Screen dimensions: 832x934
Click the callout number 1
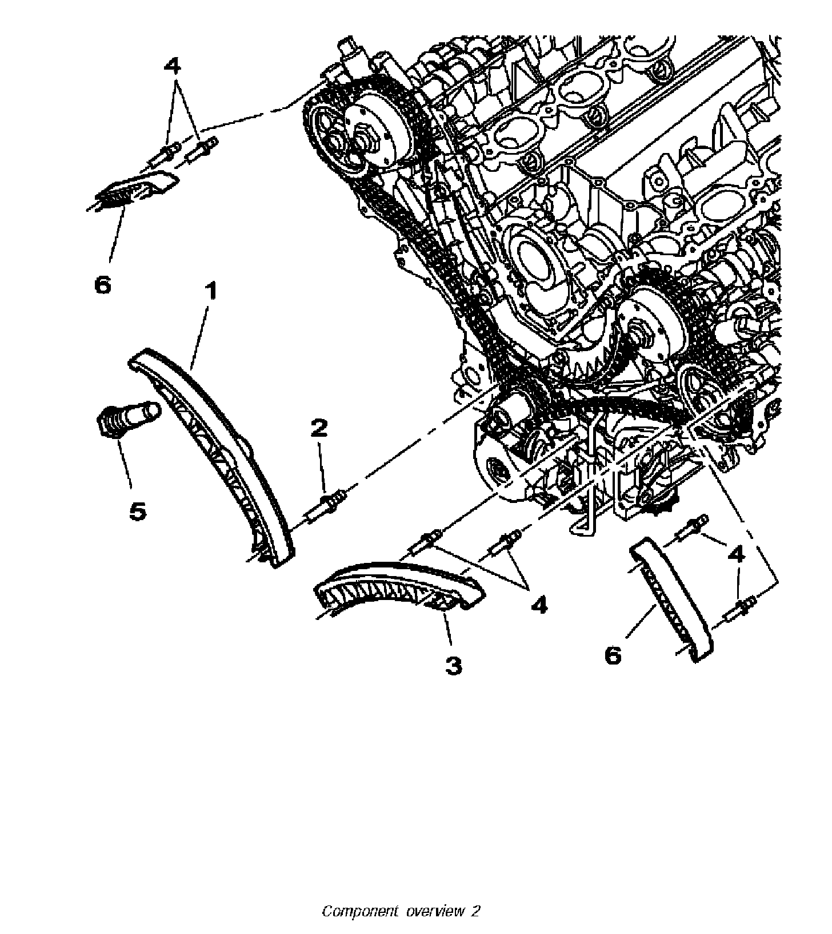[x=211, y=292]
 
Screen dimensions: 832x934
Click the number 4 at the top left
[x=172, y=66]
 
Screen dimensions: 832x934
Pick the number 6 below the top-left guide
[x=103, y=284]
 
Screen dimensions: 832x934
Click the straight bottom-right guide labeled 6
[x=672, y=599]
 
